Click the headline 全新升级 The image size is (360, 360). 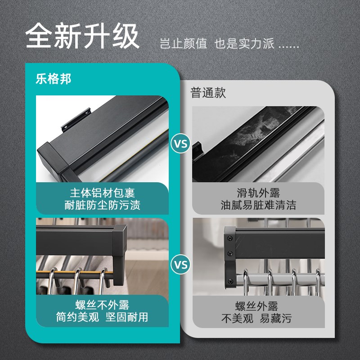coord(82,37)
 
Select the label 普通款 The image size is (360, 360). coord(208,93)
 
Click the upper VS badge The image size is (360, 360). coord(181,145)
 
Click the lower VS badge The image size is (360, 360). coord(181,264)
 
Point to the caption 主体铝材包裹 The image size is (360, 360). coord(103,193)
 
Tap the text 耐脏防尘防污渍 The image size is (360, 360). coord(103,206)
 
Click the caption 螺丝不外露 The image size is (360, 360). coord(103,304)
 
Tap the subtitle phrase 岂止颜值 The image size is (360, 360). coord(184,44)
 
